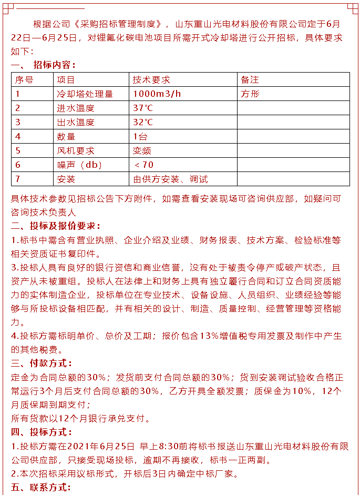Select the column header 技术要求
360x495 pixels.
(151, 80)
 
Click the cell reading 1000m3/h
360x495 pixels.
(157, 94)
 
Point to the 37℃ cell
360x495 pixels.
(143, 108)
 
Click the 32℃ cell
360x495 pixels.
(143, 123)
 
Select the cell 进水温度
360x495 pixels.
(76, 108)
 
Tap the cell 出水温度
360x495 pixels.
(76, 123)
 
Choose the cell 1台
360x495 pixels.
(140, 137)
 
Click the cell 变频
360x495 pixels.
(142, 151)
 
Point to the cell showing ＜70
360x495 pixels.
(144, 165)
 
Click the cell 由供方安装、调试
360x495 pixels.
(170, 179)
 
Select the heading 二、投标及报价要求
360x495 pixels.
(56, 226)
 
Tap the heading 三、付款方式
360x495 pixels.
(42, 363)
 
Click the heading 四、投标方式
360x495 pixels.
(42, 432)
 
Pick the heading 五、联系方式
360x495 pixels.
(42, 488)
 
